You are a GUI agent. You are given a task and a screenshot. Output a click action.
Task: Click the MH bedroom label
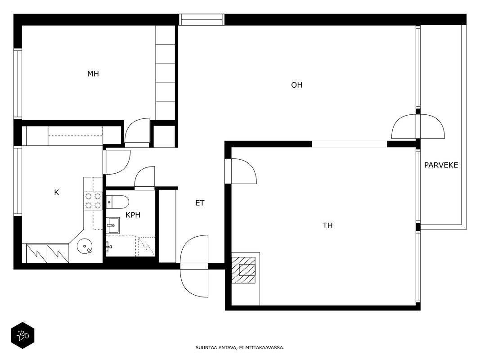pos(93,74)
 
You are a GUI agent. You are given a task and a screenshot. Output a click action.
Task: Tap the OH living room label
pos(296,85)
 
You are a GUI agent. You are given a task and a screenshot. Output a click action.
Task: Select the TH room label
pos(327,225)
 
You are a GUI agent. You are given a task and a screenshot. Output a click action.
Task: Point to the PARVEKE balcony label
pos(441,165)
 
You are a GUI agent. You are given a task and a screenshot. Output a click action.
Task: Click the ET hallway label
pos(200,203)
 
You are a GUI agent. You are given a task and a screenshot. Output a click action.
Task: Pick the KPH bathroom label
pos(133,215)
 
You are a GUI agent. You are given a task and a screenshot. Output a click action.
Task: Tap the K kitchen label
pos(57,193)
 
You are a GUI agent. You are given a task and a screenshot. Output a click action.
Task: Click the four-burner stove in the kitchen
pos(93,201)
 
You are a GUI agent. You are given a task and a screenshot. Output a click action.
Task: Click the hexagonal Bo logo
pos(22,336)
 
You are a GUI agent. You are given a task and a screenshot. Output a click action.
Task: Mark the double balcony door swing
pos(418,126)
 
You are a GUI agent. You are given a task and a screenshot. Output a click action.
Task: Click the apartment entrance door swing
pos(194,266)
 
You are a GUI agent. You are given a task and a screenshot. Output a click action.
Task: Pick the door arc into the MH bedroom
pos(137,130)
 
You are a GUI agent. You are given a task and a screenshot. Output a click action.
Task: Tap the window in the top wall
pos(202,20)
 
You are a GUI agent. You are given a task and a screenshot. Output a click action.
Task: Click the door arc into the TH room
pos(244,171)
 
